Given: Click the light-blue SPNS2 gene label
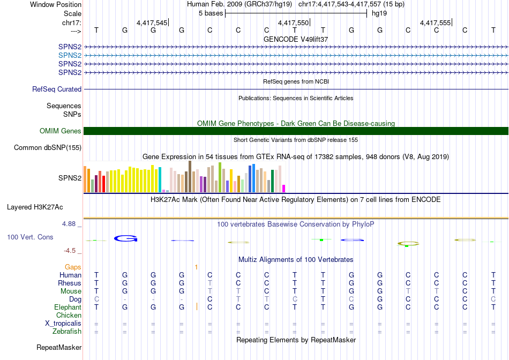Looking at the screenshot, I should [x=70, y=55].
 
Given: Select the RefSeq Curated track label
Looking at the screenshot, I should [x=57, y=89].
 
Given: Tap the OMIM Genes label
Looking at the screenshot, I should [x=61, y=131].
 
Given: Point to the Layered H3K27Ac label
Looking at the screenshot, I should [x=35, y=207].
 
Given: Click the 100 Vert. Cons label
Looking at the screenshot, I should [x=30, y=237].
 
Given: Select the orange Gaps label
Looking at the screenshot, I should [x=73, y=267].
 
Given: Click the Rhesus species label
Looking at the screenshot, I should [x=70, y=283].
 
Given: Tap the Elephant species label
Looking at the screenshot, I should [x=68, y=307].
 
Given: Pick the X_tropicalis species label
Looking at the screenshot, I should [x=63, y=324].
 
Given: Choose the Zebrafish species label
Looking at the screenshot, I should [x=66, y=332].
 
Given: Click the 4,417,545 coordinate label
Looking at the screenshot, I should [x=152, y=23].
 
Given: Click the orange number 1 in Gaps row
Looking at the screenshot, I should [x=197, y=267].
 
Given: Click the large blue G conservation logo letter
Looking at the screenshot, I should [x=126, y=238].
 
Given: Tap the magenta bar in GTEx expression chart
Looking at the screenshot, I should [x=284, y=188].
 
